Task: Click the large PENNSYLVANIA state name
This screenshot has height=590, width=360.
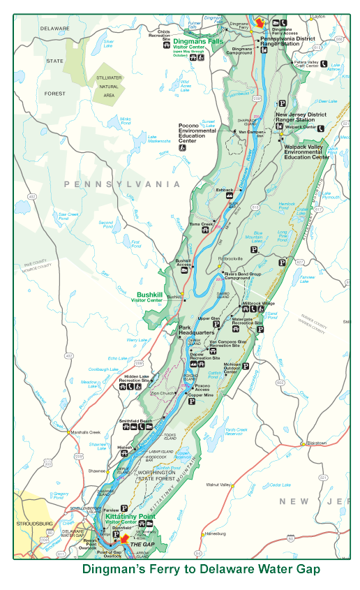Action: [122, 184]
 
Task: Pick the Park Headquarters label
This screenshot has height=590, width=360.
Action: [195, 331]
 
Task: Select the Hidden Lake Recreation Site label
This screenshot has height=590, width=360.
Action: [140, 378]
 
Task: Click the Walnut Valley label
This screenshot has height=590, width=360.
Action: [217, 484]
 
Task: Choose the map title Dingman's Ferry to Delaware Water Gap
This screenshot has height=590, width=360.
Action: [201, 569]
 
